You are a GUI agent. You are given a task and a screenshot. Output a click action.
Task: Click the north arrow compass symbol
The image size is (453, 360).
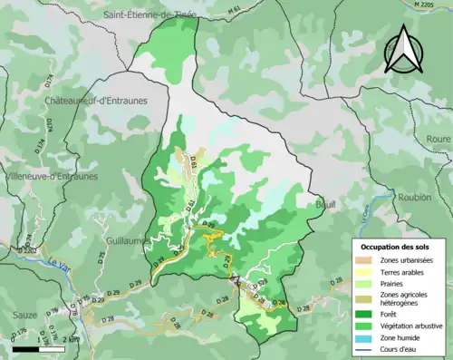click(403, 49)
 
